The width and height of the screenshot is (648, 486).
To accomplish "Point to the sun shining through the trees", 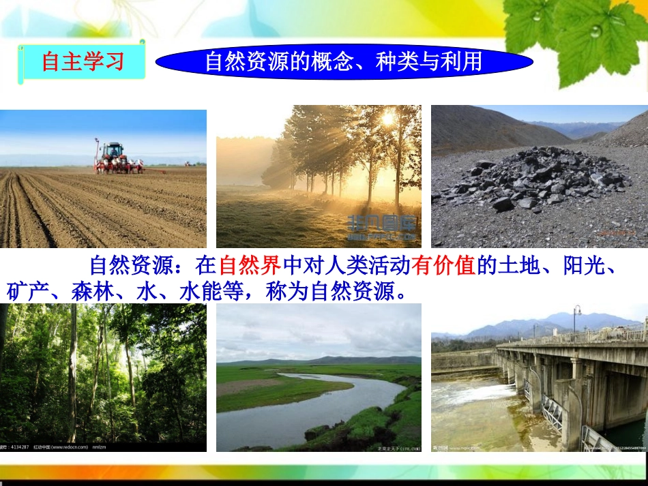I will click(389, 119).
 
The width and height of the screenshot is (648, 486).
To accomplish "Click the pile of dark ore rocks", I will click(532, 179).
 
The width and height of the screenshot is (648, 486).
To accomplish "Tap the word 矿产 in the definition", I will click(28, 292).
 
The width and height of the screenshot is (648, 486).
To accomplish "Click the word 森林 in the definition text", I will click(93, 292).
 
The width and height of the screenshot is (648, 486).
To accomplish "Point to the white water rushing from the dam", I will click(471, 395).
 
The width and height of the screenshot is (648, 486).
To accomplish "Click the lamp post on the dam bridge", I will click(576, 318).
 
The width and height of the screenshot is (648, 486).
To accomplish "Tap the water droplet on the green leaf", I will click(595, 30).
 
